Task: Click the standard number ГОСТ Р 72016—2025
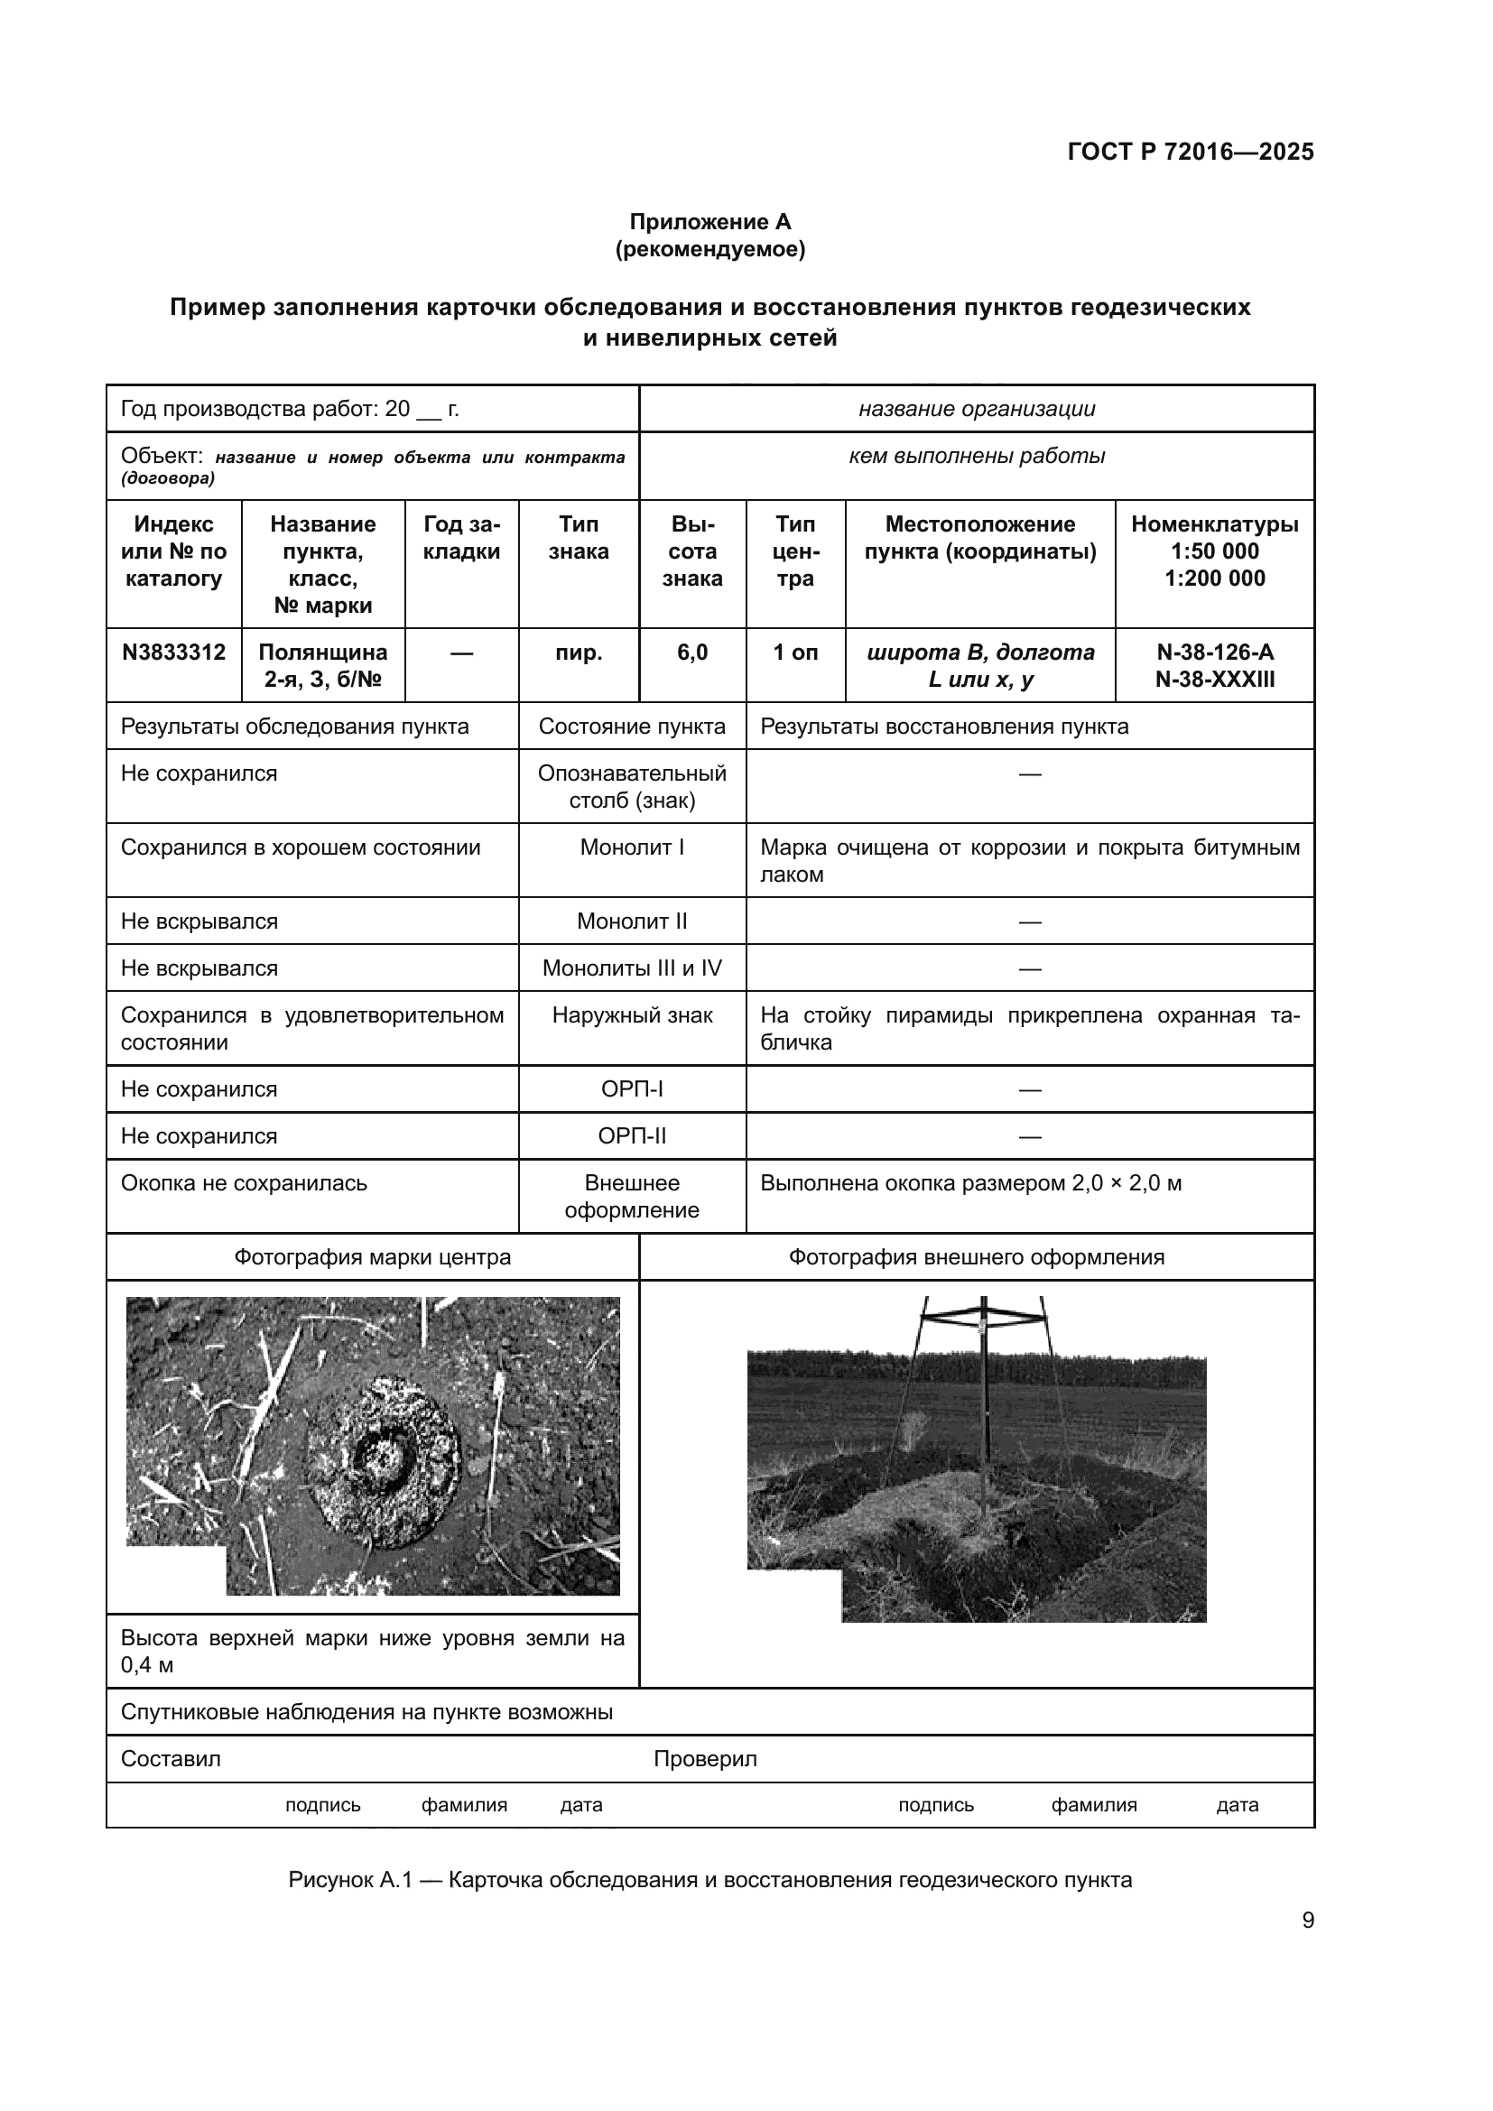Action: [x=1190, y=152]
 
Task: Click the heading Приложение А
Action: [x=709, y=222]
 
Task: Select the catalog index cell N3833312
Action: [x=173, y=653]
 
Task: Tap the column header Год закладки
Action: [x=461, y=538]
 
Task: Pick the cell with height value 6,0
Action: [x=692, y=653]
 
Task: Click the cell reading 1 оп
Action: [x=795, y=653]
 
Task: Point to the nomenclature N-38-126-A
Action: [x=1214, y=653]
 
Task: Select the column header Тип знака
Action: [x=579, y=538]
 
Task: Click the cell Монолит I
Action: [x=632, y=847]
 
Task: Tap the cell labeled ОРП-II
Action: [x=632, y=1136]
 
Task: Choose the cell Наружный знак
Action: [x=632, y=1016]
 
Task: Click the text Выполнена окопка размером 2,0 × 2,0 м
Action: [x=969, y=1183]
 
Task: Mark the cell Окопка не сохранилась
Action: [x=244, y=1183]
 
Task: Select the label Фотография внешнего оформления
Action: [x=977, y=1258]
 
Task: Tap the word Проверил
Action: [x=705, y=1759]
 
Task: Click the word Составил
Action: [x=171, y=1759]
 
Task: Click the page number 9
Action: [x=1307, y=1921]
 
